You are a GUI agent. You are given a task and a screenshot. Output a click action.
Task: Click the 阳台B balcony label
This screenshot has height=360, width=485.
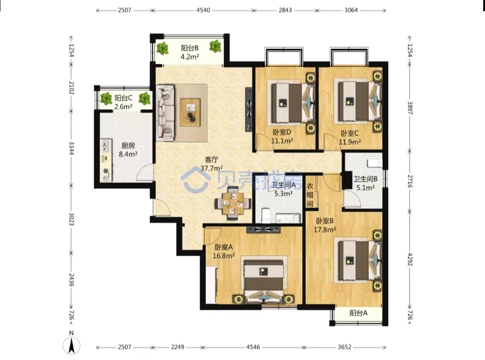pyautogui.click(x=190, y=48)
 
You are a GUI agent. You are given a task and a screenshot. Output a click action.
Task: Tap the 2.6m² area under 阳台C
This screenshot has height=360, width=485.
pyautogui.click(x=123, y=107)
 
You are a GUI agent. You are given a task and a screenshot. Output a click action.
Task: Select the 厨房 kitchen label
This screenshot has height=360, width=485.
pyautogui.click(x=128, y=146)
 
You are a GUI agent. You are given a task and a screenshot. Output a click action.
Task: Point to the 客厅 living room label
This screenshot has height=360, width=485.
pyautogui.click(x=212, y=160)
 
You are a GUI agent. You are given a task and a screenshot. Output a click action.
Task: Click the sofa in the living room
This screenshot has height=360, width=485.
pyautogui.click(x=165, y=113)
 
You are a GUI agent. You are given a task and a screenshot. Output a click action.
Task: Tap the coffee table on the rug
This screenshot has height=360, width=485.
pyautogui.click(x=190, y=112)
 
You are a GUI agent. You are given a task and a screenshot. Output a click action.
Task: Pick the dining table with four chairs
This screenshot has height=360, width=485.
pyautogui.click(x=233, y=203)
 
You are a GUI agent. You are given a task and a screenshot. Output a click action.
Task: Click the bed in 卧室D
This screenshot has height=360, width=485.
pyautogui.click(x=293, y=103)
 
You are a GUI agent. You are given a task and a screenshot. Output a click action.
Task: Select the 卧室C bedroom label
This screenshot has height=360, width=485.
pyautogui.click(x=349, y=134)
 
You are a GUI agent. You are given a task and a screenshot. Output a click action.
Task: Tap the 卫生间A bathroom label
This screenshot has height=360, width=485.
pyautogui.click(x=283, y=185)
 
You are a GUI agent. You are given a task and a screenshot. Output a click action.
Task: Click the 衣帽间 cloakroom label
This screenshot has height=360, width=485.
pyautogui.click(x=310, y=195)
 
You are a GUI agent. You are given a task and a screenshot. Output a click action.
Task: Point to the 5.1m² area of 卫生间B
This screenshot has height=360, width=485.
pyautogui.click(x=366, y=187)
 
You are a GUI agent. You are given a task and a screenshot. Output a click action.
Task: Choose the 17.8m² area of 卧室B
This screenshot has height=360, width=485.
pyautogui.click(x=325, y=230)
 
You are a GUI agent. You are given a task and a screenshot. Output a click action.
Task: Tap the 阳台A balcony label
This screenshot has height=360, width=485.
pyautogui.click(x=358, y=313)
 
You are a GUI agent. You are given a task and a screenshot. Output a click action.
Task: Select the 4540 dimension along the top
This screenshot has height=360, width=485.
pyautogui.click(x=203, y=10)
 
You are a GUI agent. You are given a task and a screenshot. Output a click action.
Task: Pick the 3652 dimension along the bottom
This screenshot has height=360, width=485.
pyautogui.click(x=344, y=347)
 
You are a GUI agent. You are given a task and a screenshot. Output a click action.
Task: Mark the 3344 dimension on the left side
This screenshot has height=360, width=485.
pyautogui.click(x=71, y=148)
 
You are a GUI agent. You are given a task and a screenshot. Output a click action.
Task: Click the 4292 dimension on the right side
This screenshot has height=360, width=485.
pyautogui.click(x=410, y=259)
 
